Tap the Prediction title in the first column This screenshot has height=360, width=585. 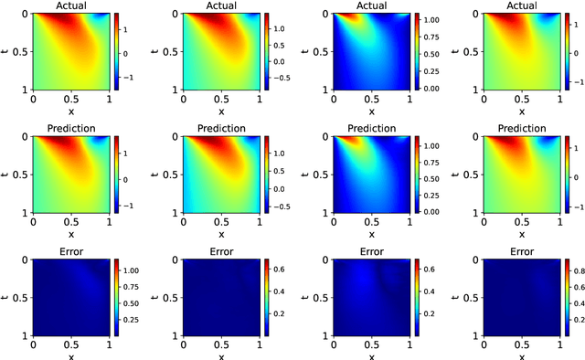coord(71,128)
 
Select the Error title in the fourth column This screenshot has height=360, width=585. coord(521,251)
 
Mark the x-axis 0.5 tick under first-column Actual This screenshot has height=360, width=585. coord(71,98)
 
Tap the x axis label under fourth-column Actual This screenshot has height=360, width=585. coord(521,109)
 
